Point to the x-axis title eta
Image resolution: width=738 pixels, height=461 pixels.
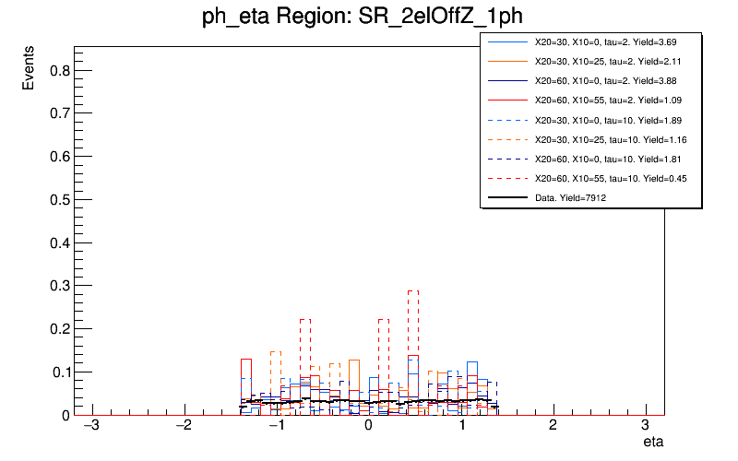pyautogui.click(x=653, y=442)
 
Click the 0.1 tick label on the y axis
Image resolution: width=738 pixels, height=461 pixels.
pyautogui.click(x=57, y=372)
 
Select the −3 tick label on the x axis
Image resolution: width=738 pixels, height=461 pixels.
pyautogui.click(x=91, y=431)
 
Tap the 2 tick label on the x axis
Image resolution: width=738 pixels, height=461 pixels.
pyautogui.click(x=553, y=431)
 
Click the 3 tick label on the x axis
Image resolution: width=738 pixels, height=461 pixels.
pyautogui.click(x=646, y=431)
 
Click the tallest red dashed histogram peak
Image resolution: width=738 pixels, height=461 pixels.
pyautogui.click(x=412, y=291)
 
